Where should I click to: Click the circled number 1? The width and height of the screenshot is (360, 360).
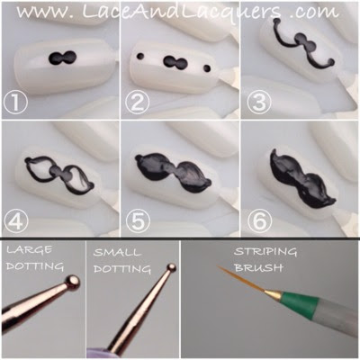coord(15,103)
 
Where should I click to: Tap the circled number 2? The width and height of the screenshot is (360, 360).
coord(138,103)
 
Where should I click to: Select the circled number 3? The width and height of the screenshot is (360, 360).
coord(259,103)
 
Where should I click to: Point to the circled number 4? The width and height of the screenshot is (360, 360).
coord(15,222)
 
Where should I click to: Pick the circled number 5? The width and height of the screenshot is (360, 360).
coord(138,222)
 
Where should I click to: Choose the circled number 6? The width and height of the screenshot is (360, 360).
coord(259,222)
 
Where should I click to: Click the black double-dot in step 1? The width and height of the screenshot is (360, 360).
coord(62,58)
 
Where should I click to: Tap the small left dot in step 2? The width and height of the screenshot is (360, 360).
coord(140,56)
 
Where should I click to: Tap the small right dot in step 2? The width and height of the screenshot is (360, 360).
coord(207,68)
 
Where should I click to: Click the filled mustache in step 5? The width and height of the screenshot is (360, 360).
coord(173,173)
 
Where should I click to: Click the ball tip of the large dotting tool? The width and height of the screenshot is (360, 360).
coord(73,282)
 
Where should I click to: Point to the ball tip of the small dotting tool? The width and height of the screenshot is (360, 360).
coord(172,267)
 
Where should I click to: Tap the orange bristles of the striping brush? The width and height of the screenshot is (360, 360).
coord(241,279)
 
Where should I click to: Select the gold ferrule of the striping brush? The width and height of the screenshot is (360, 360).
coord(273,294)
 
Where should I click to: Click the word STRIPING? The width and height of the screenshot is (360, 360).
coord(265,251)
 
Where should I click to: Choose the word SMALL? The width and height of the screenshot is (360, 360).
coord(117,252)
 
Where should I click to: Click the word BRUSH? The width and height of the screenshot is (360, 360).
coord(258,267)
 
